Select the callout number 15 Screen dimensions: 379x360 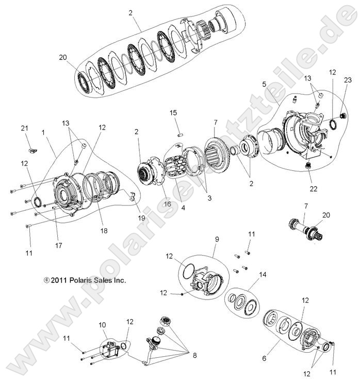(173, 113)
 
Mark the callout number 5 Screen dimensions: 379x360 (264, 83)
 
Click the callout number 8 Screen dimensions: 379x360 (194, 356)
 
